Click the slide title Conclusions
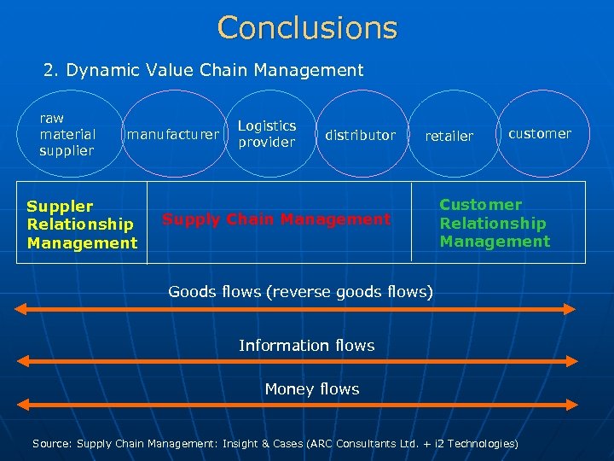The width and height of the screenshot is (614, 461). [x=307, y=28]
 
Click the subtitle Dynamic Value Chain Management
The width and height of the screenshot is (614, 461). [x=213, y=70]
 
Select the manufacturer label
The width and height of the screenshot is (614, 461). [x=173, y=134]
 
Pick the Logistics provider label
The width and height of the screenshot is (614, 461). [x=267, y=134]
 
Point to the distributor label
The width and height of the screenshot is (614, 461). [x=360, y=135]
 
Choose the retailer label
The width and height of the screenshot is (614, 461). [x=449, y=136]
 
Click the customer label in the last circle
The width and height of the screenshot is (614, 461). [x=540, y=133]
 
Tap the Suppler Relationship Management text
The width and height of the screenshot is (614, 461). [x=82, y=225]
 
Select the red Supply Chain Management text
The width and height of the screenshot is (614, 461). [x=276, y=219]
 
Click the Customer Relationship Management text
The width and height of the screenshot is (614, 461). [x=495, y=223]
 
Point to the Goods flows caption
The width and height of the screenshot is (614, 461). [x=301, y=292]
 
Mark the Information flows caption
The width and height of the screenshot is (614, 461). [x=307, y=345]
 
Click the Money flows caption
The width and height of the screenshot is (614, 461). [x=312, y=389]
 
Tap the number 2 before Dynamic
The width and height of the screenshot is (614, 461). [x=49, y=70]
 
